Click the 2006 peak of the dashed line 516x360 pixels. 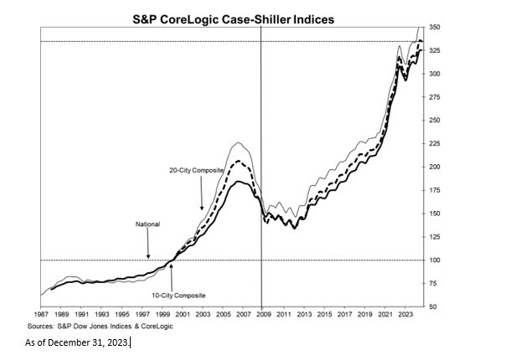point(239,160)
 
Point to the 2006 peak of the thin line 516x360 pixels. point(239,143)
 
